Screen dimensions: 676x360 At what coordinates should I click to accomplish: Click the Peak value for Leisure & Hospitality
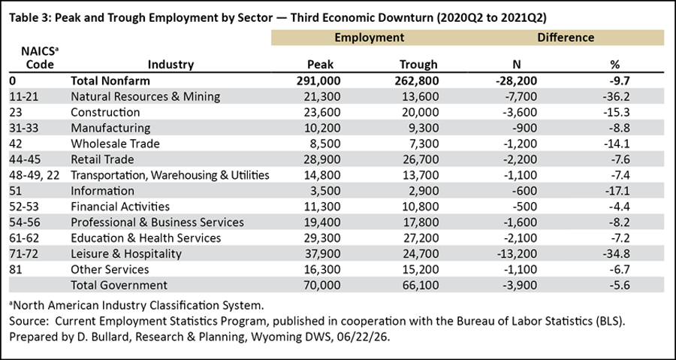[322, 253]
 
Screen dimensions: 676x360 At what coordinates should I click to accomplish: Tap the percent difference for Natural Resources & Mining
[617, 96]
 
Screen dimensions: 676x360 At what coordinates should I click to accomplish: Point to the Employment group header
[370, 38]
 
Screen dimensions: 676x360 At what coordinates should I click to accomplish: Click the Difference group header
[566, 38]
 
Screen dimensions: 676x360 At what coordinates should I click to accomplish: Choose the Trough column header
[418, 65]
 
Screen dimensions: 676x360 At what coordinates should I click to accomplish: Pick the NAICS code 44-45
[24, 159]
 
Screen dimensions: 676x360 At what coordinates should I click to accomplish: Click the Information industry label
[103, 191]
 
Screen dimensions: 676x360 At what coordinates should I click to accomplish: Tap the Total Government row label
[119, 285]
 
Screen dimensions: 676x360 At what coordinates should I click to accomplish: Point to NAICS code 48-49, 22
[33, 175]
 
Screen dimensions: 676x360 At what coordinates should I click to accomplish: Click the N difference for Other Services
[522, 270]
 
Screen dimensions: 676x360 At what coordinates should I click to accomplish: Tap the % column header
[614, 65]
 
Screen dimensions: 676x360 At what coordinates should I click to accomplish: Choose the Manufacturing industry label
[111, 128]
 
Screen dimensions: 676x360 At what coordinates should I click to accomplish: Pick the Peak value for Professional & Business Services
[322, 222]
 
